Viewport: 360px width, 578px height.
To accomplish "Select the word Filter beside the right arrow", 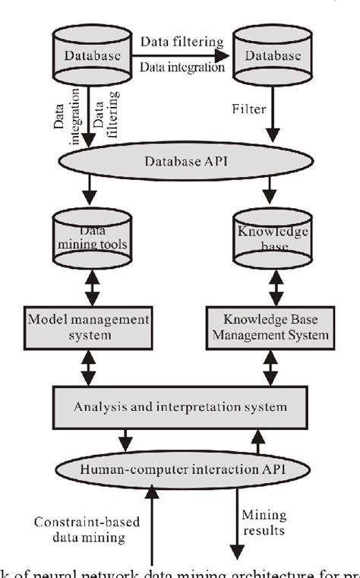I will click(249, 109).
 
